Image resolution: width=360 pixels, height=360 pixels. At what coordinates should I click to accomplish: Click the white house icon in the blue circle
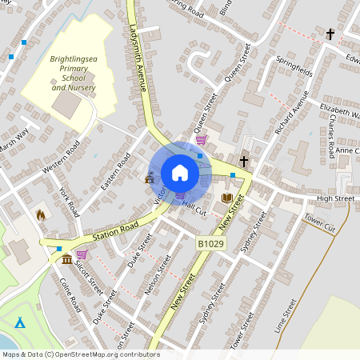coord(180,173)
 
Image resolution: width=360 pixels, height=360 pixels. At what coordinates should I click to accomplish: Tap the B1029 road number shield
coord(209,242)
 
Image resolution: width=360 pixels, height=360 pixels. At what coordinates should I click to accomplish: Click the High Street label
coord(335,198)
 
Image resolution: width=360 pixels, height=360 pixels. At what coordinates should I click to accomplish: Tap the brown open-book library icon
coord(227,198)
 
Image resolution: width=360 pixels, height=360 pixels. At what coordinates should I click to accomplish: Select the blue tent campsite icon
coord(21,322)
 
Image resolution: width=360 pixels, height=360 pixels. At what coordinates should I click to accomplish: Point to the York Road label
coord(70,202)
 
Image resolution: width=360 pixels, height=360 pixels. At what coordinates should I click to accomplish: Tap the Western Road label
coord(61,157)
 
